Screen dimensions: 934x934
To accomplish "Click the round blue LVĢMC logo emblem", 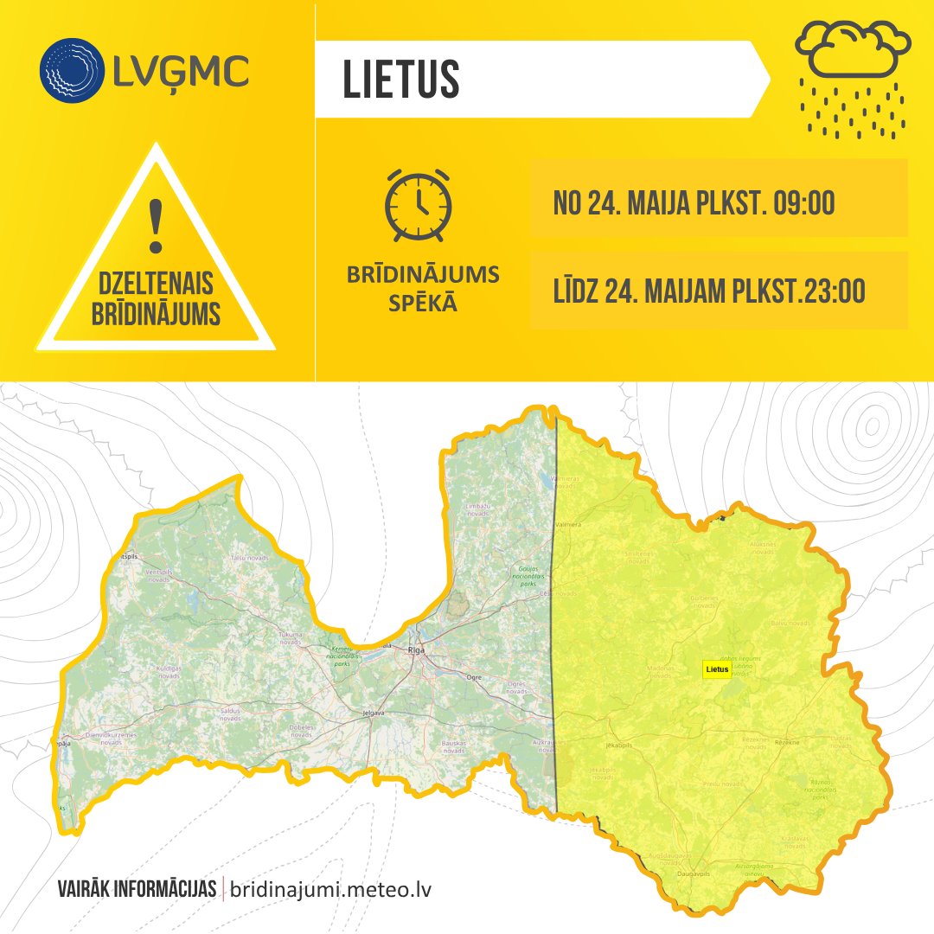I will coord(71,70).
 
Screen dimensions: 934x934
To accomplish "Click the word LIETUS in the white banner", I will coord(401,80).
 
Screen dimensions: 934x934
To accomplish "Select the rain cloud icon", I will coord(854,78).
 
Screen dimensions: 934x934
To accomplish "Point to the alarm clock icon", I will coord(419,204).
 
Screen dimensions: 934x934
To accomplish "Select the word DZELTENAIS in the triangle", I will coord(156,284).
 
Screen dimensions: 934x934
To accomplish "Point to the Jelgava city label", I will coord(374,713).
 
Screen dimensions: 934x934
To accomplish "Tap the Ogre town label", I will coord(473,677).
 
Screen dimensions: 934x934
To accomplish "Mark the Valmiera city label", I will coord(567,523).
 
